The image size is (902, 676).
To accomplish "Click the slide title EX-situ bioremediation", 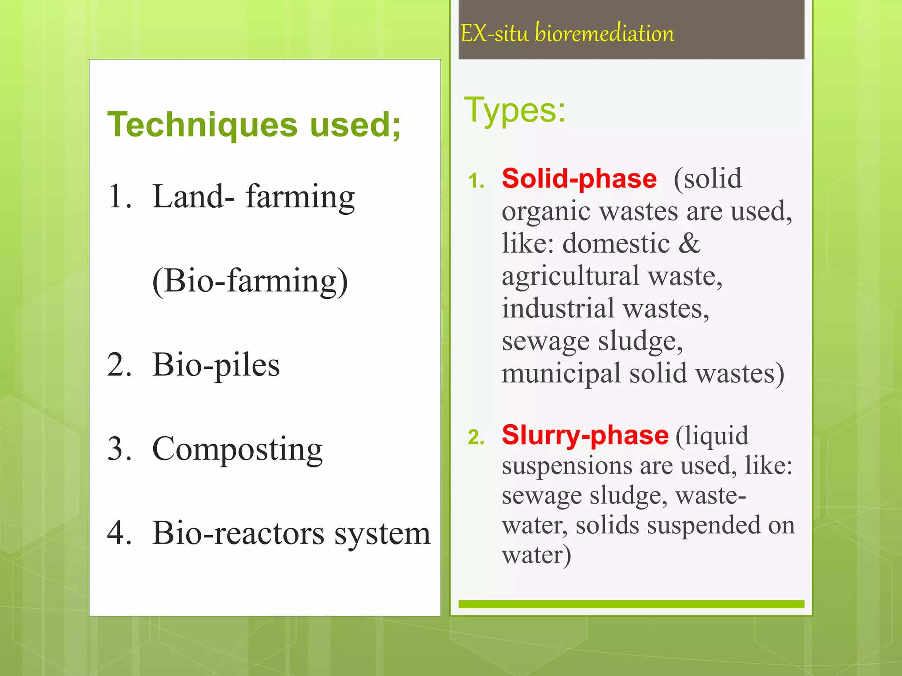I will [x=567, y=33].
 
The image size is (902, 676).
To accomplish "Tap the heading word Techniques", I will [x=203, y=125].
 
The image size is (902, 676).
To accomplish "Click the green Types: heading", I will [x=514, y=110].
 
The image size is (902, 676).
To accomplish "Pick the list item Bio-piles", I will [x=215, y=365].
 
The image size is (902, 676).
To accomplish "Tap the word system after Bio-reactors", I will [x=382, y=533].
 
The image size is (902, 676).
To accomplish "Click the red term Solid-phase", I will [x=579, y=179].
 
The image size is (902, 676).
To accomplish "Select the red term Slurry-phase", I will [x=585, y=435].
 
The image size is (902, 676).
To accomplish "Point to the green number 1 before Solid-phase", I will [x=476, y=181].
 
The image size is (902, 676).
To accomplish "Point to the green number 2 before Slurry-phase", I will [x=476, y=437].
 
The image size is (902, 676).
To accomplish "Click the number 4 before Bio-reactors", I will [x=119, y=533].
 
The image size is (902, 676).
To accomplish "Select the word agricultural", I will [x=570, y=276].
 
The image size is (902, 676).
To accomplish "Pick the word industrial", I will [x=558, y=308].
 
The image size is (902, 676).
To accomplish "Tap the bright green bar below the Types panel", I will [x=631, y=604].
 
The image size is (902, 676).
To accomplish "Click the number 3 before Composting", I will [x=119, y=449].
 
